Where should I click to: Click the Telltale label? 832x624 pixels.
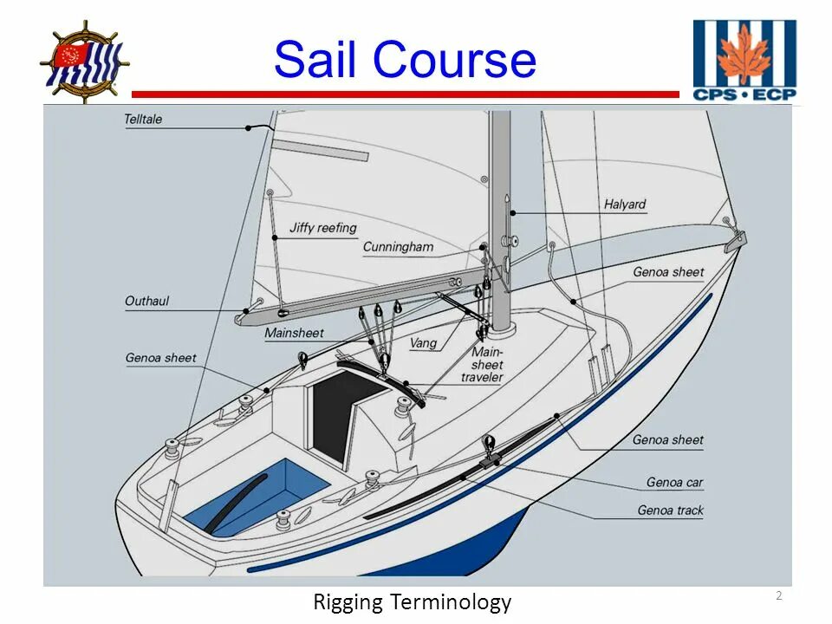pos(144,119)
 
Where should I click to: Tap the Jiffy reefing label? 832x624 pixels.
pos(322,228)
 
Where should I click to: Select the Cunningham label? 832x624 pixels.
pos(398,247)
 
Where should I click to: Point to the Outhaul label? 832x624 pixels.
pos(147,302)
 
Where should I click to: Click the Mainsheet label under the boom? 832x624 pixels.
pos(294,333)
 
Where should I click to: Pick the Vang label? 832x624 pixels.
pos(423,343)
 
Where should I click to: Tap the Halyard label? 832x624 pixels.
pos(625,205)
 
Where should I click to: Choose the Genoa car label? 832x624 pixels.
pos(674,483)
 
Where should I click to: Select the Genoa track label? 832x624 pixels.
pos(671,510)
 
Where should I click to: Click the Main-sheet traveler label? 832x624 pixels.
pos(483,365)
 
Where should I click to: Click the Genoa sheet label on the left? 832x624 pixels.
pos(161,358)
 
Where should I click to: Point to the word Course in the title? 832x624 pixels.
pos(456,61)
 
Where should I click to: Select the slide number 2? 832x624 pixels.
pos(778,595)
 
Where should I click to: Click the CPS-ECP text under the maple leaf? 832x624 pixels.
pos(744,94)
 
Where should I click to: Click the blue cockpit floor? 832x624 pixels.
pos(260,494)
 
